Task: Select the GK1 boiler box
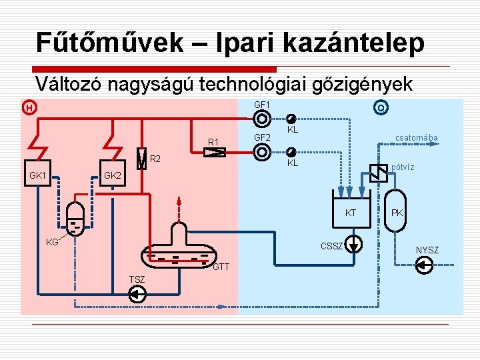38,176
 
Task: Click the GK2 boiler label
113,176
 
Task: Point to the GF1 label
262,105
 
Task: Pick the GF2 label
262,137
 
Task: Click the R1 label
213,141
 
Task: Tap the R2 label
155,159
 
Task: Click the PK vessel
397,212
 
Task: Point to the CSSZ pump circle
355,242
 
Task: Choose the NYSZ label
427,250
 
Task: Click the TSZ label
137,278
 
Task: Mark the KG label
52,242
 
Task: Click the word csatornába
417,138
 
